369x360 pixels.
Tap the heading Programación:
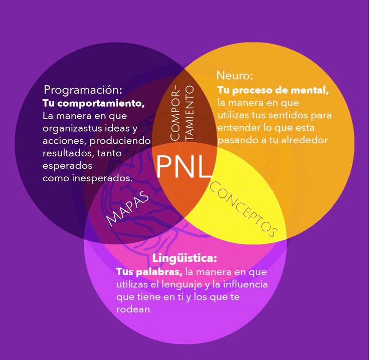pyautogui.click(x=83, y=91)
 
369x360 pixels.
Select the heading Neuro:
pyautogui.click(x=235, y=76)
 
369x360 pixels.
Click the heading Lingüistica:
pyautogui.click(x=184, y=259)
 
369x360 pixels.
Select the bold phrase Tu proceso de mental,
pyautogui.click(x=273, y=91)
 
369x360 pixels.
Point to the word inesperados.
pyautogui.click(x=102, y=177)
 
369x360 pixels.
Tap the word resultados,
pyautogui.click(x=68, y=153)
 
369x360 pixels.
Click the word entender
pyautogui.click(x=236, y=128)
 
